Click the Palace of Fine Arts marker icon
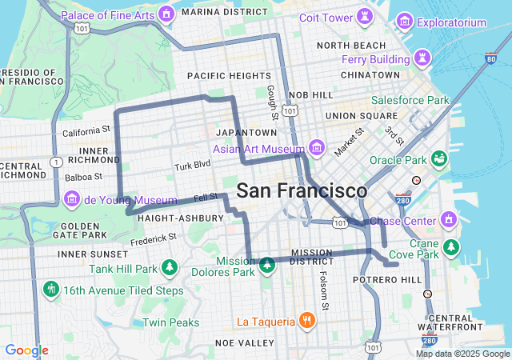coord(166,14)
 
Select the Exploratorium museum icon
coord(405,22)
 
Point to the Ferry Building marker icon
coord(421,58)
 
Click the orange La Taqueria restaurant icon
coord(306,322)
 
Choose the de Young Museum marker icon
coord(71,199)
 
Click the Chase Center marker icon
coord(448,220)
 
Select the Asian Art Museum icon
coord(317,148)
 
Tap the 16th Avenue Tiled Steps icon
coord(51,290)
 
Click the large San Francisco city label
coord(302,191)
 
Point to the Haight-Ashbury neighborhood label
coord(174,218)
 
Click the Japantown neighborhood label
coord(246,132)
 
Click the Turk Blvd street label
coord(193,165)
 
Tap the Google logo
coord(26,350)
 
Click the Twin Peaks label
coord(170,322)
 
